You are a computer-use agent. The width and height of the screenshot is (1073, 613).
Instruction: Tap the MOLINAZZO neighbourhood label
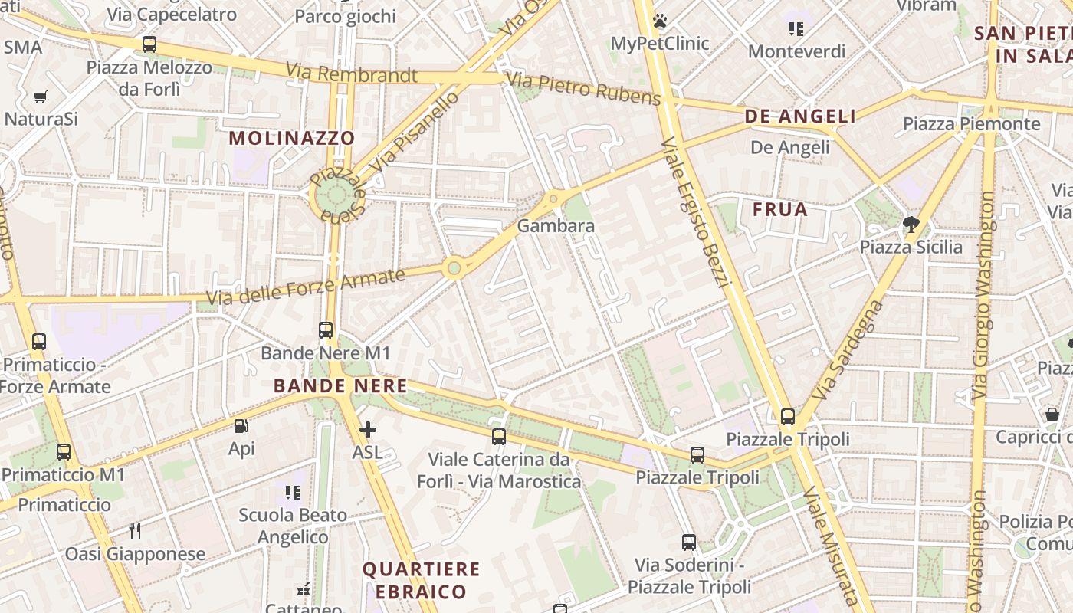292,139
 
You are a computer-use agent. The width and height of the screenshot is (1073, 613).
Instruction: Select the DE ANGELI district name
800,116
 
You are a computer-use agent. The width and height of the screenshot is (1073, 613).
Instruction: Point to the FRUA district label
780,209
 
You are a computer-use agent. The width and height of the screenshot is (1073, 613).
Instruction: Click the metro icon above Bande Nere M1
326,330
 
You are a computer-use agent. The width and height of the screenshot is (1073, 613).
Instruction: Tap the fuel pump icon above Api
241,426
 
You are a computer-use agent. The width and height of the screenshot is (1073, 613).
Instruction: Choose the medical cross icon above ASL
368,430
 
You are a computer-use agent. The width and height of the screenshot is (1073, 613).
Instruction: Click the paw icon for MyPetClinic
660,21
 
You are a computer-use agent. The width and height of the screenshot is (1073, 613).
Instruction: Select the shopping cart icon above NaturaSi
41,97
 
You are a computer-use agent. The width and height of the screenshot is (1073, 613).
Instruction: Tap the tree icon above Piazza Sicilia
911,225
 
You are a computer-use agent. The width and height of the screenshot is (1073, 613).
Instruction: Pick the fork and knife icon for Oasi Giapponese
135,530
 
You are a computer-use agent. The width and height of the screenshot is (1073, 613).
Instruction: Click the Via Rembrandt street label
352,74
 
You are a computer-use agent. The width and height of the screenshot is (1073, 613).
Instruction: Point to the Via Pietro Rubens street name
583,89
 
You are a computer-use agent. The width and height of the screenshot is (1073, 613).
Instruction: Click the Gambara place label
556,226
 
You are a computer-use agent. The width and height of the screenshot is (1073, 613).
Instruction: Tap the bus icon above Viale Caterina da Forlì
499,437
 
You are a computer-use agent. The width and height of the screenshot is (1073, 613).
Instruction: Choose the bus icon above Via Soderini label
689,543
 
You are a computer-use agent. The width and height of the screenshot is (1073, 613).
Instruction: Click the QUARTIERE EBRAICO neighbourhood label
421,580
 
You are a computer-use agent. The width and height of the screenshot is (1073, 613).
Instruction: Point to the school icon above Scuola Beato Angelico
292,492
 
